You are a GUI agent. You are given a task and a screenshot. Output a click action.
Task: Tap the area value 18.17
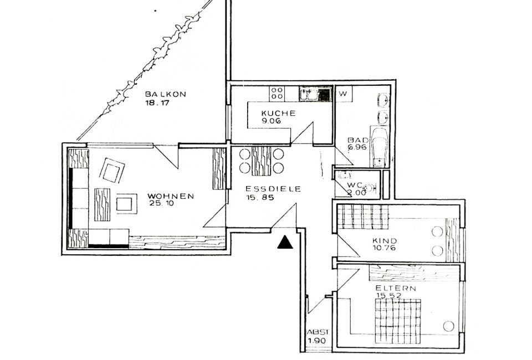point(157,102)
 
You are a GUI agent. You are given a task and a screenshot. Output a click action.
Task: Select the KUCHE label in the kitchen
point(278,113)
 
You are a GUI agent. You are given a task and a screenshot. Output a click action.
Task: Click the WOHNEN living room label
point(171,196)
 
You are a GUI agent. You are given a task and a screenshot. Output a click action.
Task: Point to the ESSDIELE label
point(273,189)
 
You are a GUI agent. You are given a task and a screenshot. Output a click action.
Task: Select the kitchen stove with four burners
point(277,94)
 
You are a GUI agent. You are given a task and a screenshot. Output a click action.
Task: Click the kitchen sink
point(315,94)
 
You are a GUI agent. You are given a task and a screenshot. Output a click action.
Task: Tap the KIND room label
point(385,241)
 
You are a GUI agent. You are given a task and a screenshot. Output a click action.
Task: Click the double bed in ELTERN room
point(398,321)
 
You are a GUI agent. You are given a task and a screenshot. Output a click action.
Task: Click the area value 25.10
point(161,203)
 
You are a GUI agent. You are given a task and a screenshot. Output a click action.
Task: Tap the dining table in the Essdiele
point(262,161)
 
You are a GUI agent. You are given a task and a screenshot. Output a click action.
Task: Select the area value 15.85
point(260,197)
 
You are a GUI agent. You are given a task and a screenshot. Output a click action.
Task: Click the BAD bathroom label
point(358,140)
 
